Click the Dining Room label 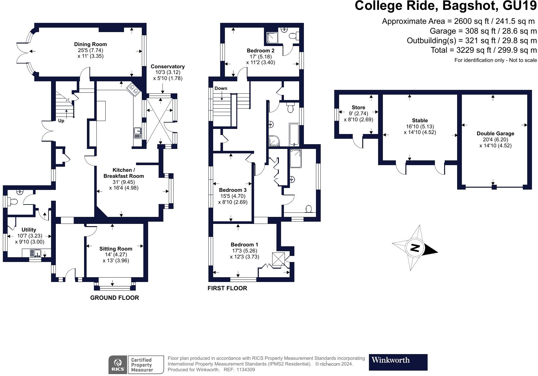pyautogui.click(x=90, y=44)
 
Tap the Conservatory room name pyautogui.click(x=167, y=67)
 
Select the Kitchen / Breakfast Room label pyautogui.click(x=124, y=173)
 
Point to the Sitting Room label pyautogui.click(x=116, y=249)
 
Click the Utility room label pyautogui.click(x=29, y=230)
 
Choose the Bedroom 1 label pyautogui.click(x=244, y=245)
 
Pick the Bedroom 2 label pyautogui.click(x=260, y=50)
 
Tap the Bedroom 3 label pyautogui.click(x=233, y=190)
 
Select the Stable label pyautogui.click(x=420, y=121)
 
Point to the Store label pyautogui.click(x=358, y=108)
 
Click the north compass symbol pyautogui.click(x=415, y=248)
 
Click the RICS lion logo pyautogui.click(x=118, y=365)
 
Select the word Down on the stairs pyautogui.click(x=221, y=88)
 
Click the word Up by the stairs pyautogui.click(x=61, y=121)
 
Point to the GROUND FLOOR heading pyautogui.click(x=115, y=298)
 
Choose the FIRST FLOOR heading pyautogui.click(x=227, y=288)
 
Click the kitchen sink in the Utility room pyautogui.click(x=36, y=253)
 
